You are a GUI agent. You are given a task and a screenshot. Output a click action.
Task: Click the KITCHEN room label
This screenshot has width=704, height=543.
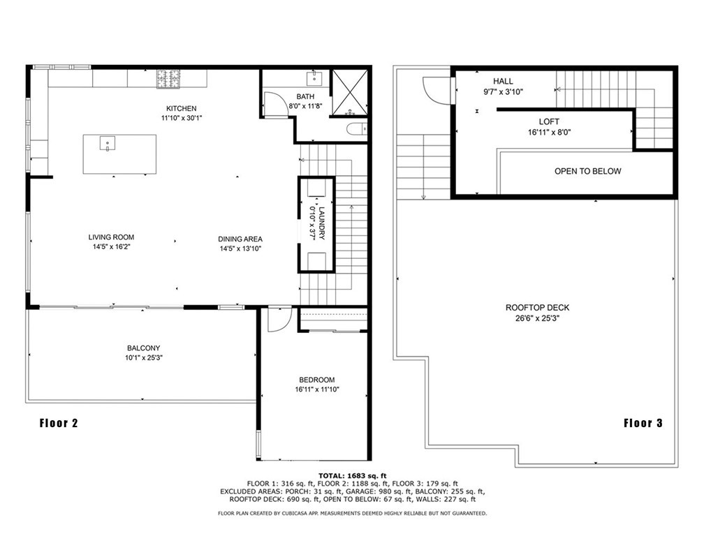(182, 109)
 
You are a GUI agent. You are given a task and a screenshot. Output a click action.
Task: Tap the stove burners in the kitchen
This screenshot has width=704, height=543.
(168, 79)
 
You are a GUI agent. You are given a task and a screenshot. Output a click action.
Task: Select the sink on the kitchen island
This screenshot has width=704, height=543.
(108, 144)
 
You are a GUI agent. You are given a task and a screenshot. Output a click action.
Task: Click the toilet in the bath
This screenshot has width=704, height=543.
(357, 129)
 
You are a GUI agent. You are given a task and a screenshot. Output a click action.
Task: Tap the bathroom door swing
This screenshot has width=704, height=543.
(272, 104)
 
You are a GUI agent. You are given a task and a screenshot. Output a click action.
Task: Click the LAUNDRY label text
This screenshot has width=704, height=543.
(321, 223)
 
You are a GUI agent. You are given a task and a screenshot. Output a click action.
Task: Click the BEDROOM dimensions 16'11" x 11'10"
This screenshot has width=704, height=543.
(317, 389)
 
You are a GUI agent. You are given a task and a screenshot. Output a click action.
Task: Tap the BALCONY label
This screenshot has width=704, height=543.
(144, 348)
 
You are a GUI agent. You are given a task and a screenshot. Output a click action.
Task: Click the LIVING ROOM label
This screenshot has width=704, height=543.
(111, 237)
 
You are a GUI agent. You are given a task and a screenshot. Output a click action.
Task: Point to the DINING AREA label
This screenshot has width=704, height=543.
(240, 239)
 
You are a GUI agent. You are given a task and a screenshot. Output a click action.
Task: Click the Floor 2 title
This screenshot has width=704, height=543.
(59, 423)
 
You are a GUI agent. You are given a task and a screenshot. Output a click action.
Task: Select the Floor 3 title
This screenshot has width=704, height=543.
(643, 423)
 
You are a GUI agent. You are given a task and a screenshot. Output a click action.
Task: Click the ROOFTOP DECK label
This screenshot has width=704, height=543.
(538, 308)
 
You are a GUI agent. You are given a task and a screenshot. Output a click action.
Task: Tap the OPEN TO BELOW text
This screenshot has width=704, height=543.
(588, 171)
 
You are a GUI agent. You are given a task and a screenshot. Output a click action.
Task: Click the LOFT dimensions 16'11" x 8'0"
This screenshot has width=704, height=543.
(549, 133)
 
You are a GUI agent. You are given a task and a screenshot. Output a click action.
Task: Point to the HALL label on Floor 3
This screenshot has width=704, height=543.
(503, 81)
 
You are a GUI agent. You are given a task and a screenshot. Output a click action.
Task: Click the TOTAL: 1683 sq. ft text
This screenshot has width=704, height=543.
(353, 476)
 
